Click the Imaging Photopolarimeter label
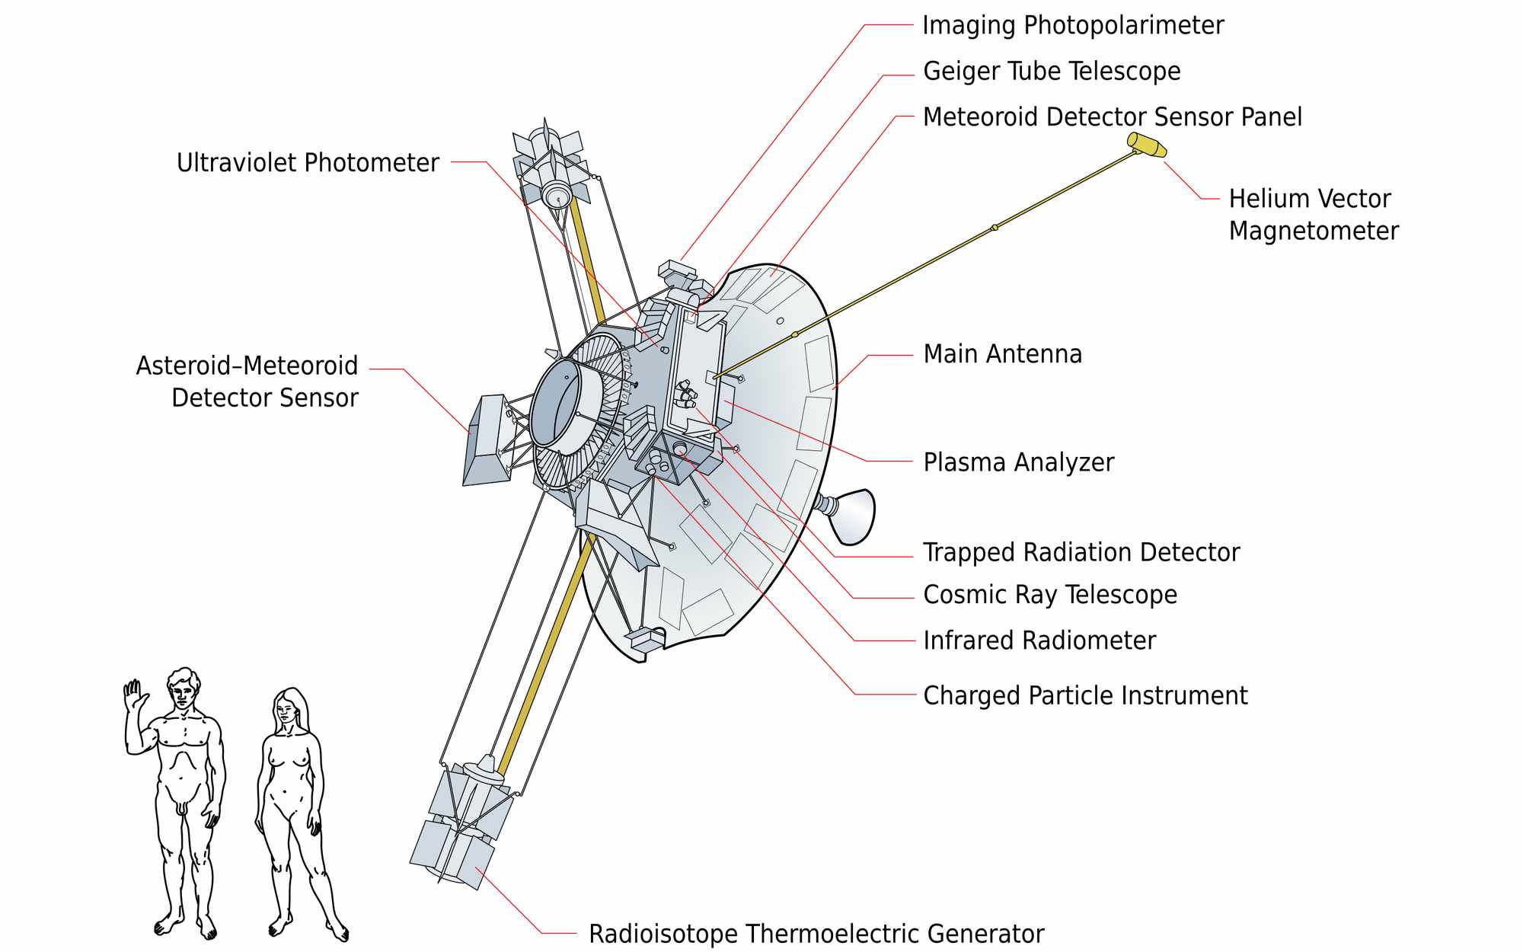click(x=1072, y=25)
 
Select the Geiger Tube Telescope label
click(x=1051, y=71)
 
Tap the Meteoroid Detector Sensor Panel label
click(x=1112, y=117)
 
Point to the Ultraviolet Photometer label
click(x=308, y=162)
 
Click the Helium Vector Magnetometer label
click(x=1313, y=215)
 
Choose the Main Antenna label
click(x=1002, y=354)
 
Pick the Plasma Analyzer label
click(x=1018, y=462)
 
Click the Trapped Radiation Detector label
click(x=1081, y=552)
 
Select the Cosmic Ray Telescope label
click(x=1049, y=595)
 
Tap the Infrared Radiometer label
click(x=1039, y=641)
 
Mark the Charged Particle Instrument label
click(x=1084, y=695)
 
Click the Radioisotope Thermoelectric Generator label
click(x=816, y=934)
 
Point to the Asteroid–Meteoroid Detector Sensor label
click(x=247, y=382)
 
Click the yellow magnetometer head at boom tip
click(x=1147, y=145)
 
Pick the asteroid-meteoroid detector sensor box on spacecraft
click(x=487, y=440)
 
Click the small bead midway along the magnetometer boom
click(x=994, y=227)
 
